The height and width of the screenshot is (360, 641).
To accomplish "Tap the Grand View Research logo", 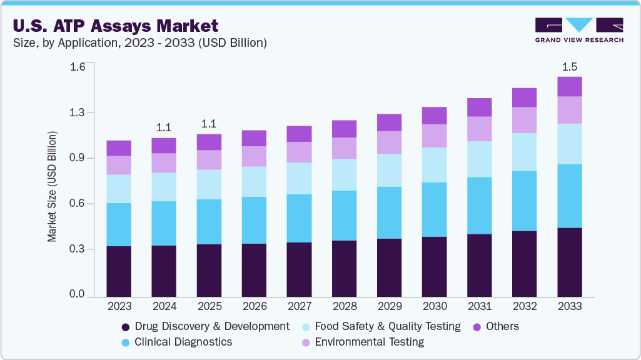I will pos(578,30).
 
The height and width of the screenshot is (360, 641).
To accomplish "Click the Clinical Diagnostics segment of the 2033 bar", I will pos(569,196).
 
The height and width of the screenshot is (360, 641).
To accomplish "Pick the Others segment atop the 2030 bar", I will pos(434,116).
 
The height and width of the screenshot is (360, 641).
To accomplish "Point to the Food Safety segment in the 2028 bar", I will pos(344,174).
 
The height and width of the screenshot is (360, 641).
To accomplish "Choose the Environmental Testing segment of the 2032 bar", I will pos(524,120).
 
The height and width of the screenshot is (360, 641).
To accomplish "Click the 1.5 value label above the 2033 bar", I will pos(569,66).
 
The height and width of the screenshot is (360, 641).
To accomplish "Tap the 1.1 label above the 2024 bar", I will pos(164,127).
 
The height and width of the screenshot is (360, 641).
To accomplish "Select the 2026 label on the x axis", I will pos(254,306).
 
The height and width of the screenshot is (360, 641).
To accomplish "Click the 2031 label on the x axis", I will pos(479,306).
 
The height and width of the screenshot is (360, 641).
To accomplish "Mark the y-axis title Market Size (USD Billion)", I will pos(53,187).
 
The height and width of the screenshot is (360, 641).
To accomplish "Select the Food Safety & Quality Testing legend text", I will pos(387,326).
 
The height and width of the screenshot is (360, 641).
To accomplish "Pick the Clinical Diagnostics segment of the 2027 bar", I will pos(299,218).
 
